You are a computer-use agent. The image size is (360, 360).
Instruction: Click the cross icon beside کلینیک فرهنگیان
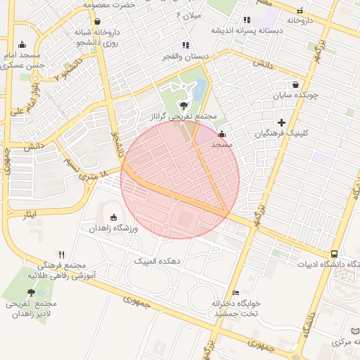pyautogui.click(x=282, y=123)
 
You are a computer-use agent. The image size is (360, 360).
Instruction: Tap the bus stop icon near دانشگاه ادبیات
pyautogui.click(x=333, y=254)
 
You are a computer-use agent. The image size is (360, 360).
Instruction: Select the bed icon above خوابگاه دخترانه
pyautogui.click(x=236, y=292)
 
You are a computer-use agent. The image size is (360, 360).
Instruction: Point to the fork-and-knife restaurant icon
pyautogui.click(x=62, y=255)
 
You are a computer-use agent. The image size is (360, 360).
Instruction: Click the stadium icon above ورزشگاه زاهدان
pyautogui.click(x=114, y=218)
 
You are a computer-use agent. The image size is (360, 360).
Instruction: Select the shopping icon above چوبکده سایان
pyautogui.click(x=304, y=84)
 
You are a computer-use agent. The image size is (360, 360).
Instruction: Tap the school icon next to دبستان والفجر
pyautogui.click(x=186, y=45)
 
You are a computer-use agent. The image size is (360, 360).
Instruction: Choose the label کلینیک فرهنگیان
pyautogui.click(x=282, y=133)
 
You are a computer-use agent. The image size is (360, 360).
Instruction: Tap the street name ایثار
pyautogui.click(x=30, y=213)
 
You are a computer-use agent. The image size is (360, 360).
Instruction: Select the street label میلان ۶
pyautogui.click(x=189, y=15)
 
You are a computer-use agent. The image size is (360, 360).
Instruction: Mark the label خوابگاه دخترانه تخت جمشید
pyautogui.click(x=236, y=307)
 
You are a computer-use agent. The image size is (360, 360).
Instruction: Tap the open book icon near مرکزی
pyautogui.click(x=354, y=330)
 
